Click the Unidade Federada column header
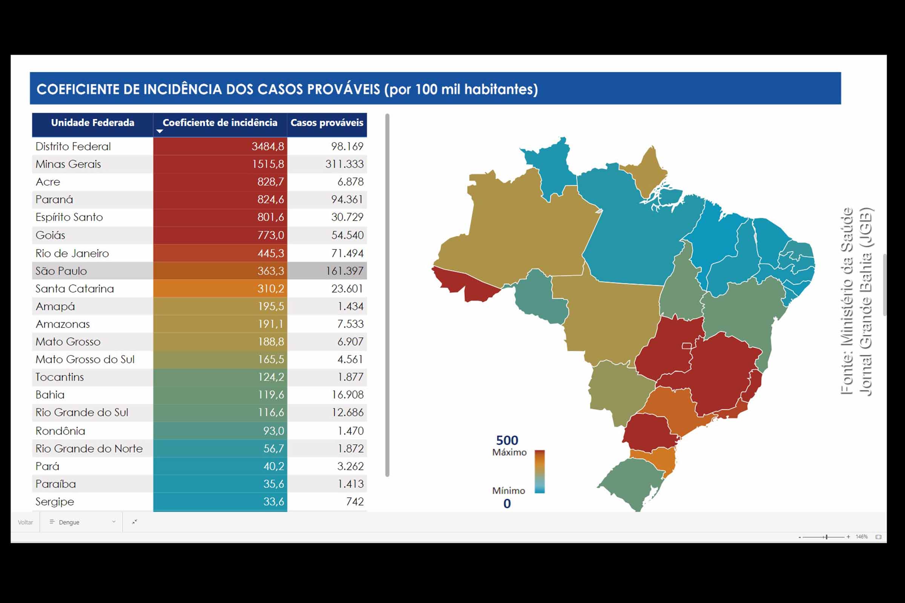[x=92, y=123]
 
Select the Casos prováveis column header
[x=327, y=123]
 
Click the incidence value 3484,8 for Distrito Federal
[x=267, y=147]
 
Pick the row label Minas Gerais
[x=68, y=164]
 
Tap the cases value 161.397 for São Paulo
[x=344, y=271]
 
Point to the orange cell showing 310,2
[x=220, y=289]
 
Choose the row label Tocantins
[x=60, y=377]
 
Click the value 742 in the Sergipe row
[x=355, y=502]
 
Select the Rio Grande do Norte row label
[x=89, y=449]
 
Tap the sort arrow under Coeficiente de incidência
[x=160, y=132]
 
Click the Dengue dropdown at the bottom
[x=81, y=522]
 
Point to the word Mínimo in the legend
[x=508, y=491]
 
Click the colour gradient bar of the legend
[x=540, y=471]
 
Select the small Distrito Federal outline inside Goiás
[x=686, y=346]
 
